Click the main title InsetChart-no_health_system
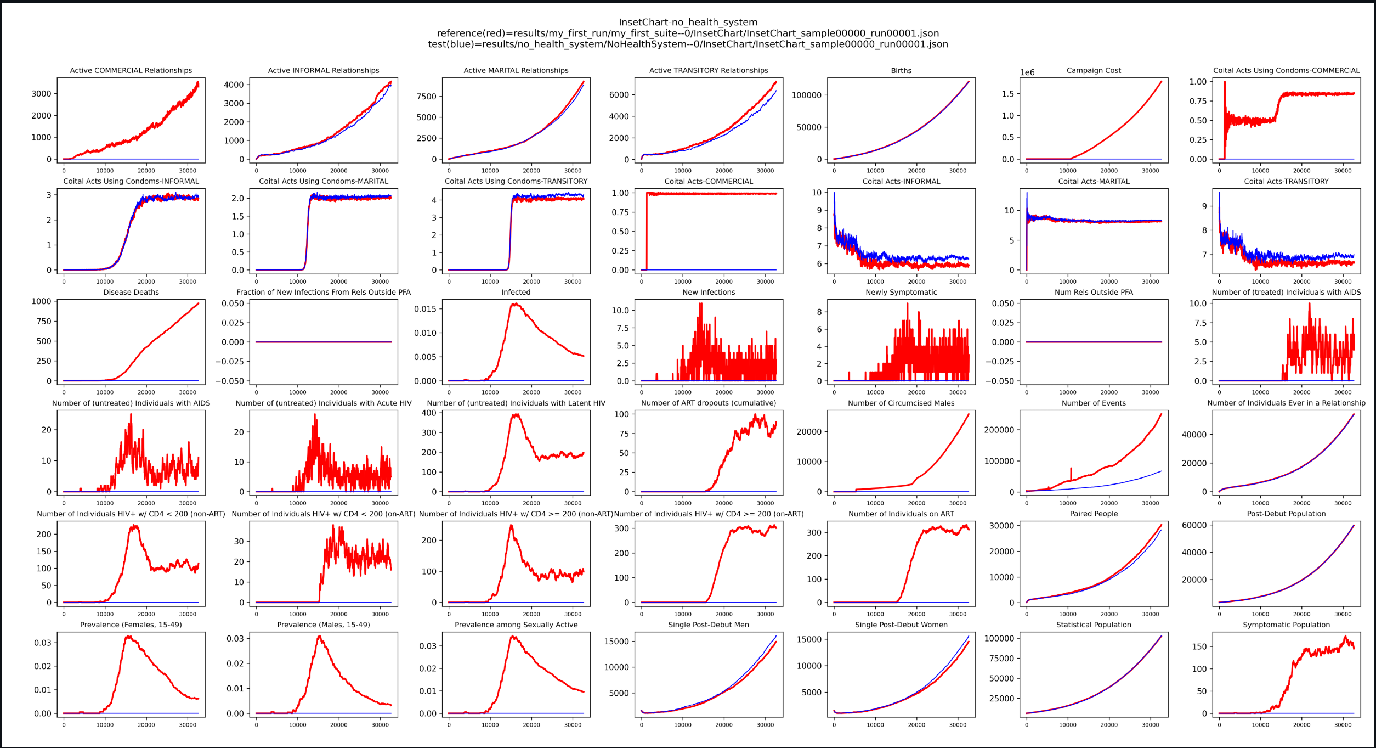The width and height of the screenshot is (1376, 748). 688,22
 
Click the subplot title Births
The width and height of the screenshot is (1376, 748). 901,70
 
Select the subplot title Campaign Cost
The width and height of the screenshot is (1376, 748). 1094,70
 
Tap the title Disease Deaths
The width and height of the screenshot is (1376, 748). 131,292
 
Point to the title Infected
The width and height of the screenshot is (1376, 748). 516,292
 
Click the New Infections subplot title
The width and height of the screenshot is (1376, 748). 709,292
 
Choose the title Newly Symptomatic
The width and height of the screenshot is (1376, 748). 901,292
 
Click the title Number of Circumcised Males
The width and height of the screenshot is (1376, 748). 901,403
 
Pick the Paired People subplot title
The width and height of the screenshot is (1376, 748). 1094,514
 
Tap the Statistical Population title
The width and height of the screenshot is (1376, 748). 1094,625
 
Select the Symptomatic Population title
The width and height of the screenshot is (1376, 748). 1286,625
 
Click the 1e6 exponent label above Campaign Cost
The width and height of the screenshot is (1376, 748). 1027,72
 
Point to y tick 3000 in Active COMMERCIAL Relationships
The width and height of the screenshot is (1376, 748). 41,94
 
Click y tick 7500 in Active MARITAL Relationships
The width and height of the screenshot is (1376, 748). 426,97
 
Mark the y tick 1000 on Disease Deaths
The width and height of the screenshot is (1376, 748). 41,301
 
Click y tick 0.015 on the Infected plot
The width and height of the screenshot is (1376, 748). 425,309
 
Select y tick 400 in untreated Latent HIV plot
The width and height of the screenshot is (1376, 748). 428,413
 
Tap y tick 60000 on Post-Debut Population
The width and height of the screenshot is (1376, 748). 1194,525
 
